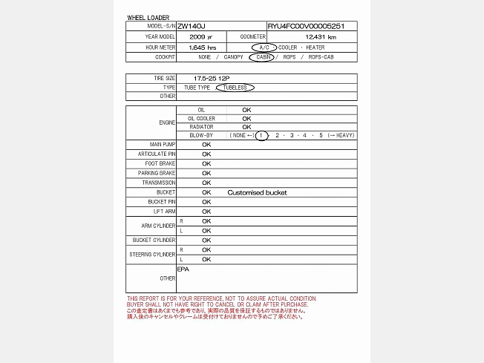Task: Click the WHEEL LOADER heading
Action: (148, 17)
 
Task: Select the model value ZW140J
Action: (191, 26)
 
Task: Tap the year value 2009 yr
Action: (200, 36)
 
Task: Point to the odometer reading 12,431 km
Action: (321, 36)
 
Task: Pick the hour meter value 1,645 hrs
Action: (202, 47)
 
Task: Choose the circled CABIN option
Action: (261, 56)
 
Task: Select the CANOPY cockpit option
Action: (233, 56)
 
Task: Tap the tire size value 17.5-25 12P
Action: (212, 78)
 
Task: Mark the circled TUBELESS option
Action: (235, 88)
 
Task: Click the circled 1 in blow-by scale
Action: (261, 135)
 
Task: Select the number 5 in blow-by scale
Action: (321, 135)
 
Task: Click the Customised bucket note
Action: (257, 192)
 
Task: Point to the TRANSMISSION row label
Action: (159, 183)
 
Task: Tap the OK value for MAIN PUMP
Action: (206, 145)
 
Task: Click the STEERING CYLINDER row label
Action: (152, 255)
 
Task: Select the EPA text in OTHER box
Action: (183, 269)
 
